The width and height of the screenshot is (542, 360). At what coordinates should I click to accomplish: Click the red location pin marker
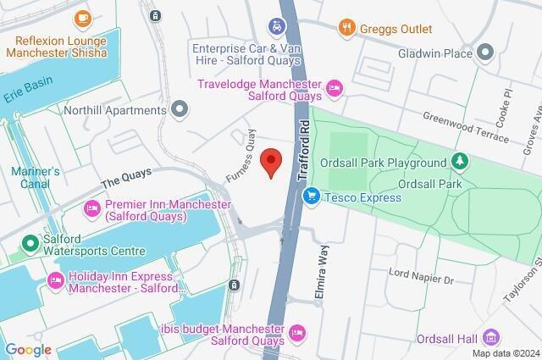point(270,161)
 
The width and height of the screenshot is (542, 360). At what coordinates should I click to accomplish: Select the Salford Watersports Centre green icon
point(31,244)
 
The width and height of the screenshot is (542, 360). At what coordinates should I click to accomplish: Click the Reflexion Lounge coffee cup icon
point(82,18)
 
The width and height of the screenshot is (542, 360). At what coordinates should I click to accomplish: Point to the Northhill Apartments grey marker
point(179,108)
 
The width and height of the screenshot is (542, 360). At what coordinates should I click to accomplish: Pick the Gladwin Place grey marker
point(485,53)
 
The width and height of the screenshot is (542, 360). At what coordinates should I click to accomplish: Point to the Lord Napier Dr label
point(422,276)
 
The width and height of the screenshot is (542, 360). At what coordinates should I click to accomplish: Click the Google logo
point(28,350)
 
